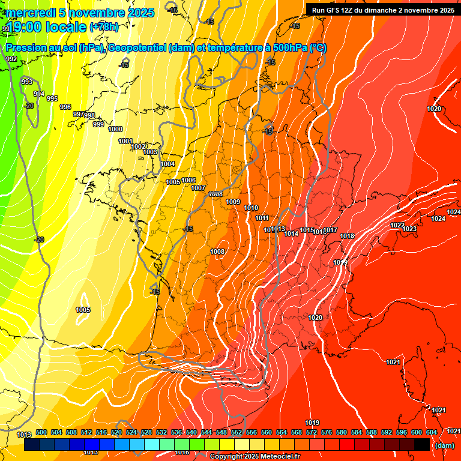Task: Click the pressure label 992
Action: point(11,59)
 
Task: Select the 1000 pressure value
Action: point(115,129)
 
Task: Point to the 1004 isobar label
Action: point(167,164)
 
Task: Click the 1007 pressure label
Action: point(199,188)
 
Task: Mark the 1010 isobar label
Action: point(252,208)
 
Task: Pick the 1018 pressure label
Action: point(347,236)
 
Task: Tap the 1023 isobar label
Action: point(409,229)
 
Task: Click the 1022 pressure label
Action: point(397,225)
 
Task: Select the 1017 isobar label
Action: point(330,230)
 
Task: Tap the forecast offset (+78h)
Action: point(104,27)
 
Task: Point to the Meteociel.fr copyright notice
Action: point(254,457)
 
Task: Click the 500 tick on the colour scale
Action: point(41,432)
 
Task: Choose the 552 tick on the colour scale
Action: point(237,432)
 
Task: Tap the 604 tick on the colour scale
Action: point(432,432)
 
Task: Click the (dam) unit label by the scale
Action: point(444,445)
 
